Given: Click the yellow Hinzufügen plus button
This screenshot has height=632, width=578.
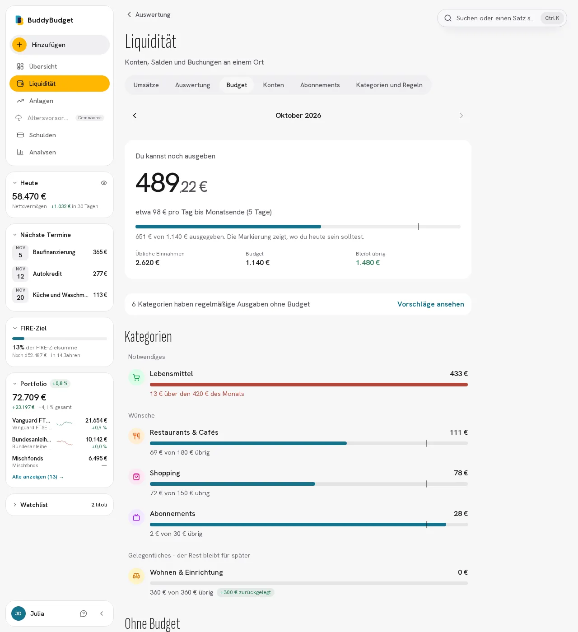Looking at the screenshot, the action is tap(19, 45).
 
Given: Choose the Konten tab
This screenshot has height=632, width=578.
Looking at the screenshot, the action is tap(273, 85).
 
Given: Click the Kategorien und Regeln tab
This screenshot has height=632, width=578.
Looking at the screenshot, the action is tap(389, 85).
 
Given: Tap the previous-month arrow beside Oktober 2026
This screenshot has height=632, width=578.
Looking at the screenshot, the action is tap(135, 116).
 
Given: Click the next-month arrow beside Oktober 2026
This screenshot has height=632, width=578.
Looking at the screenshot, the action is tap(461, 116).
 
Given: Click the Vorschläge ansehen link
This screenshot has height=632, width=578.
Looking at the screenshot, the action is tap(430, 304).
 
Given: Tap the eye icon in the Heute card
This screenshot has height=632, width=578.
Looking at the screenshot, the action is tap(104, 183).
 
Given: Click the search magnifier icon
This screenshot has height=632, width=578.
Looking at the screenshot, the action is tap(448, 18).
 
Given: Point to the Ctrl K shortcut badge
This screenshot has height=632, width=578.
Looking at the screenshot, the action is tap(552, 18).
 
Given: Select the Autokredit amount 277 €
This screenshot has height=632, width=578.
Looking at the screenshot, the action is tap(100, 274).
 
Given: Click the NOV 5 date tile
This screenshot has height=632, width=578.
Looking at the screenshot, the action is tap(20, 252).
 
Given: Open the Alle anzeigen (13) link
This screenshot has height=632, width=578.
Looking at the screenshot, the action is tap(38, 477).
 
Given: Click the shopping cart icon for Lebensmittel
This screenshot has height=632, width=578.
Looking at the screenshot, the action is tap(136, 377).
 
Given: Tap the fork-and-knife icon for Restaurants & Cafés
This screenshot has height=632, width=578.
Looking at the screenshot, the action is tap(136, 436).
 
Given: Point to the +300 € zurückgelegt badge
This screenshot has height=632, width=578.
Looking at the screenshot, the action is tap(246, 592).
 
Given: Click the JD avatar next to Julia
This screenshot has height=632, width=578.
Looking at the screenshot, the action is tap(18, 613).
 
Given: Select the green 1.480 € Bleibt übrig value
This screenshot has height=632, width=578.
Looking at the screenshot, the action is tap(368, 263).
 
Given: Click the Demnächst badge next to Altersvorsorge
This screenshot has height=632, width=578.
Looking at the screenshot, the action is tap(90, 118).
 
